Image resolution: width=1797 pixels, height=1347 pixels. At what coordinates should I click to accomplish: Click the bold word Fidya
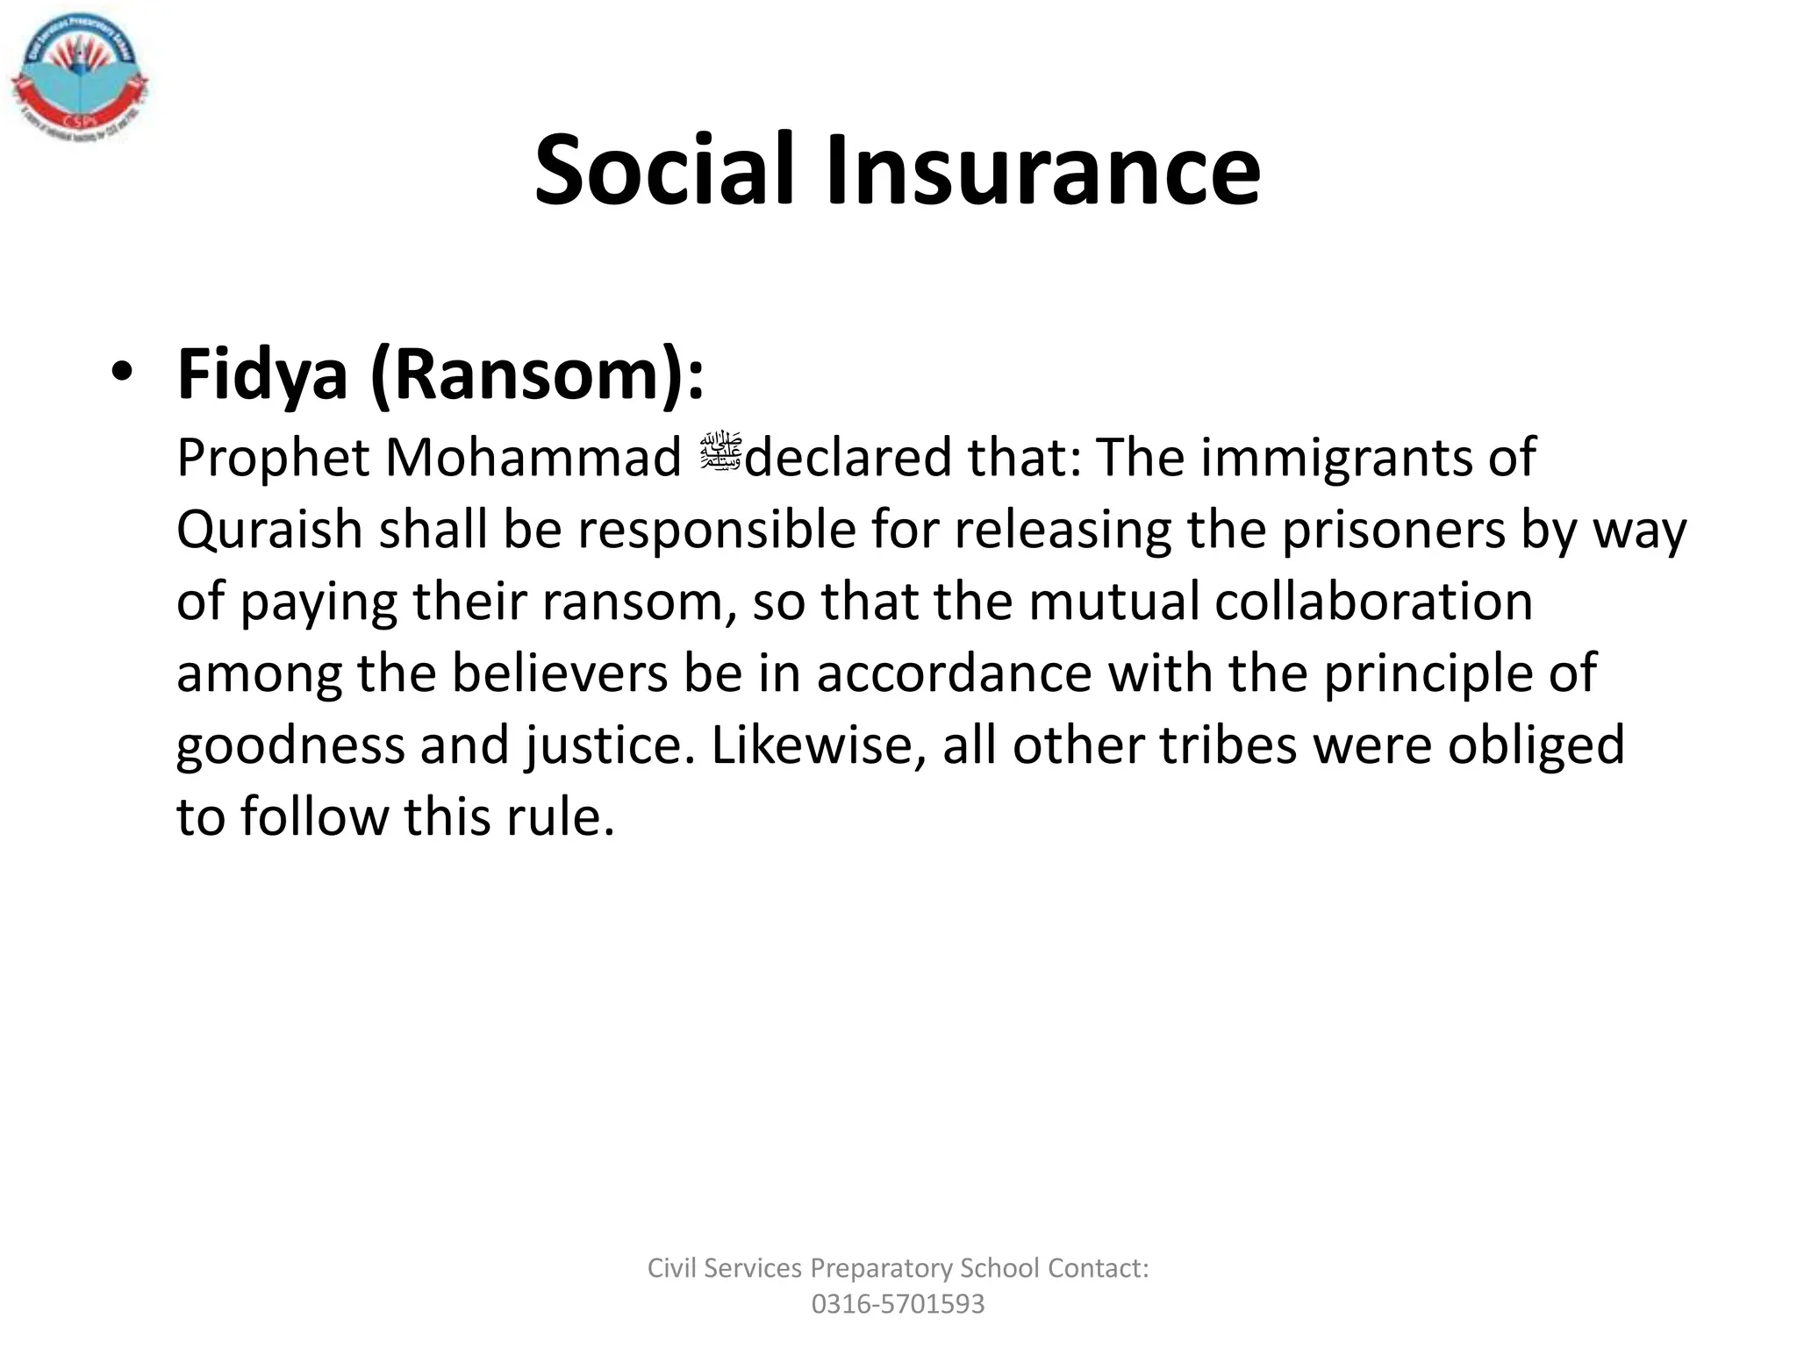pyautogui.click(x=262, y=375)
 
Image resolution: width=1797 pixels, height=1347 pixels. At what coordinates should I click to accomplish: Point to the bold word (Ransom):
pyautogui.click(x=537, y=375)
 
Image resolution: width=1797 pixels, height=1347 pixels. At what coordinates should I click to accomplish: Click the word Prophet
pyautogui.click(x=273, y=458)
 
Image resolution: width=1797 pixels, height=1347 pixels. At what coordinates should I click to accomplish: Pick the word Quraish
pyautogui.click(x=269, y=530)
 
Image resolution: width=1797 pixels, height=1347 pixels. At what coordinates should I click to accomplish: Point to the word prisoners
pyautogui.click(x=1393, y=530)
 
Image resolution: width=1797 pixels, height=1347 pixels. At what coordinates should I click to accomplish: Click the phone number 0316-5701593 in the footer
pyautogui.click(x=898, y=1304)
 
